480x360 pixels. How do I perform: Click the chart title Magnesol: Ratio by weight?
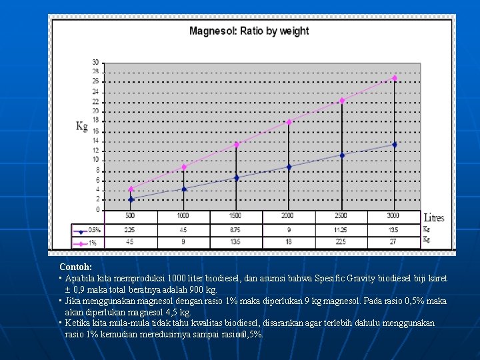(249, 31)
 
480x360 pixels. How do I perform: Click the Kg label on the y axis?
(81, 125)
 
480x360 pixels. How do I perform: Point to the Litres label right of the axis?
(434, 218)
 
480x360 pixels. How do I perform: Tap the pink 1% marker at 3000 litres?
(395, 78)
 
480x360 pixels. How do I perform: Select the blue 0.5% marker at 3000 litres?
(395, 145)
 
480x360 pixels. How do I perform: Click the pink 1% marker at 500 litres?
(131, 189)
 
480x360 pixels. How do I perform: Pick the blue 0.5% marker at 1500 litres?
(237, 178)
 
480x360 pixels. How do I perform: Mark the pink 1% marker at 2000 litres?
(289, 122)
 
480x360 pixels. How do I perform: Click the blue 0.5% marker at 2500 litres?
(342, 155)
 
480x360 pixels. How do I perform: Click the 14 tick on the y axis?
(96, 141)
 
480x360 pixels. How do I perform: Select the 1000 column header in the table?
(183, 216)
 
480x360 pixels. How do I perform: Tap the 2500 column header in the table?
(341, 216)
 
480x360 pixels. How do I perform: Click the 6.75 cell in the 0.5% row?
(236, 229)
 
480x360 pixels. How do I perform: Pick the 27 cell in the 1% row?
(394, 241)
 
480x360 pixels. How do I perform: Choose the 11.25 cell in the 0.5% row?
(341, 229)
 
